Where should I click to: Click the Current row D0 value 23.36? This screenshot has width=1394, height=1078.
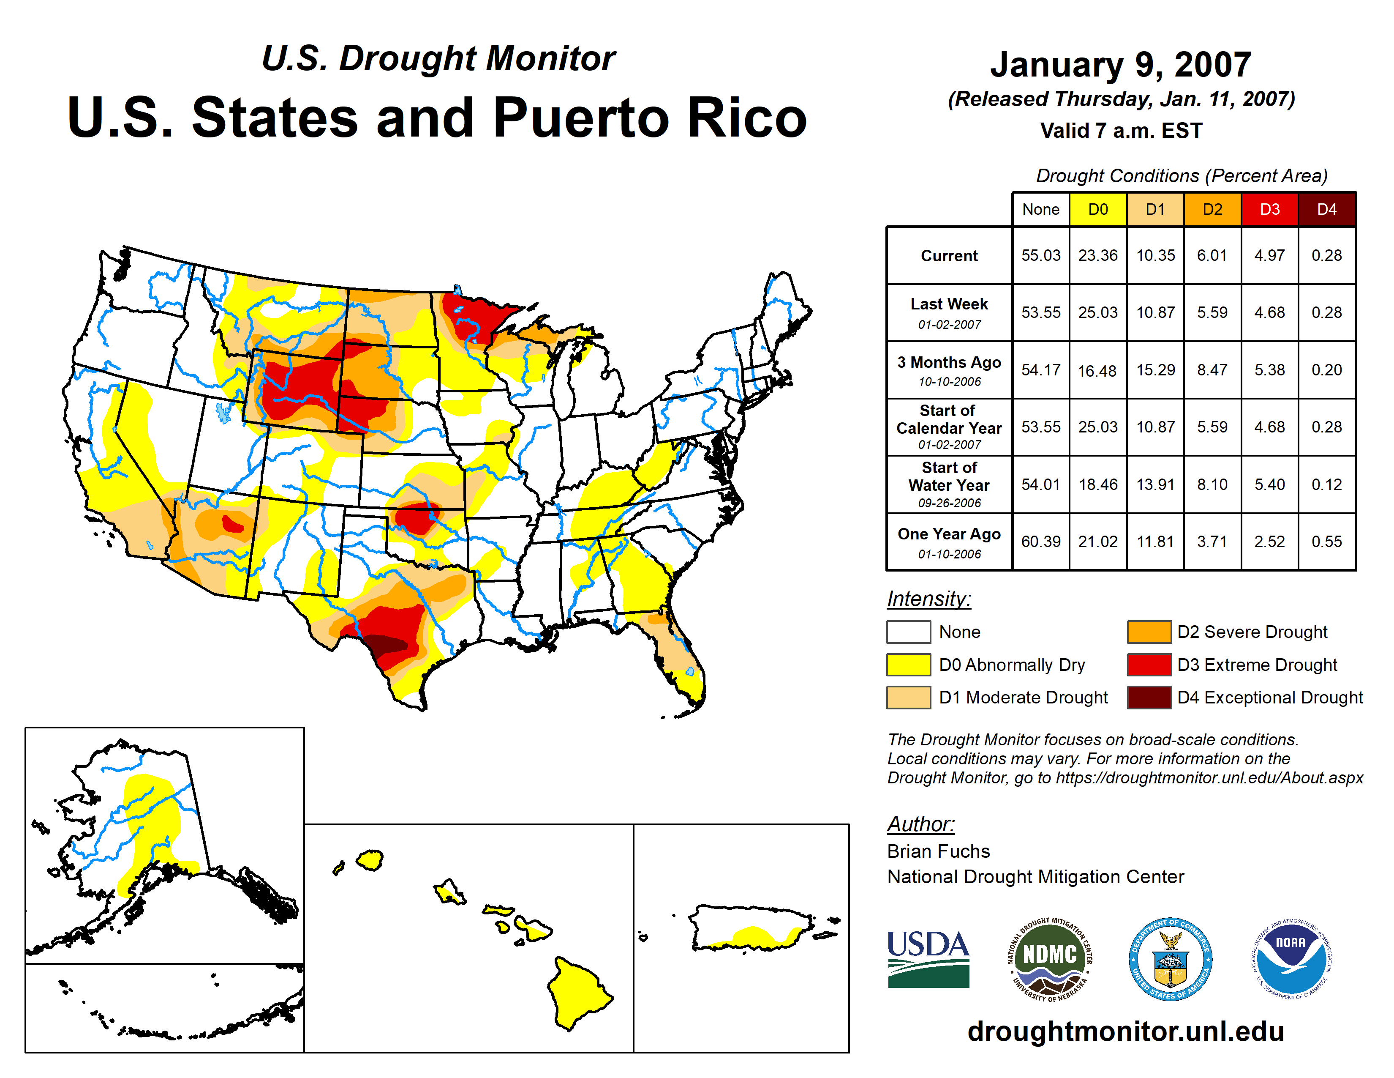coord(1098,255)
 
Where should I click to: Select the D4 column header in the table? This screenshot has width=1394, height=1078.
coord(1326,209)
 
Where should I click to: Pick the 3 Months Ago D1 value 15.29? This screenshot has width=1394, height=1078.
coord(1155,370)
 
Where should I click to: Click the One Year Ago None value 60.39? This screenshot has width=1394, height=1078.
coord(1040,542)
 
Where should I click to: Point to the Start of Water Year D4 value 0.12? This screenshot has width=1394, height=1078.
coord(1326,485)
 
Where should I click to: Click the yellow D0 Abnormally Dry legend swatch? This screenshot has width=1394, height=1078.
coord(908,665)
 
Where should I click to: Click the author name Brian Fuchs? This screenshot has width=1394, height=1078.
coord(938,851)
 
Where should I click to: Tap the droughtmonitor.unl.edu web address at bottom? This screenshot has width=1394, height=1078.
coord(1126,1031)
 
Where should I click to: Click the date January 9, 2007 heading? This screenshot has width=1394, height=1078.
coord(1120,65)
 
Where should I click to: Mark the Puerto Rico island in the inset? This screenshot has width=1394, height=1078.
coord(750,927)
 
